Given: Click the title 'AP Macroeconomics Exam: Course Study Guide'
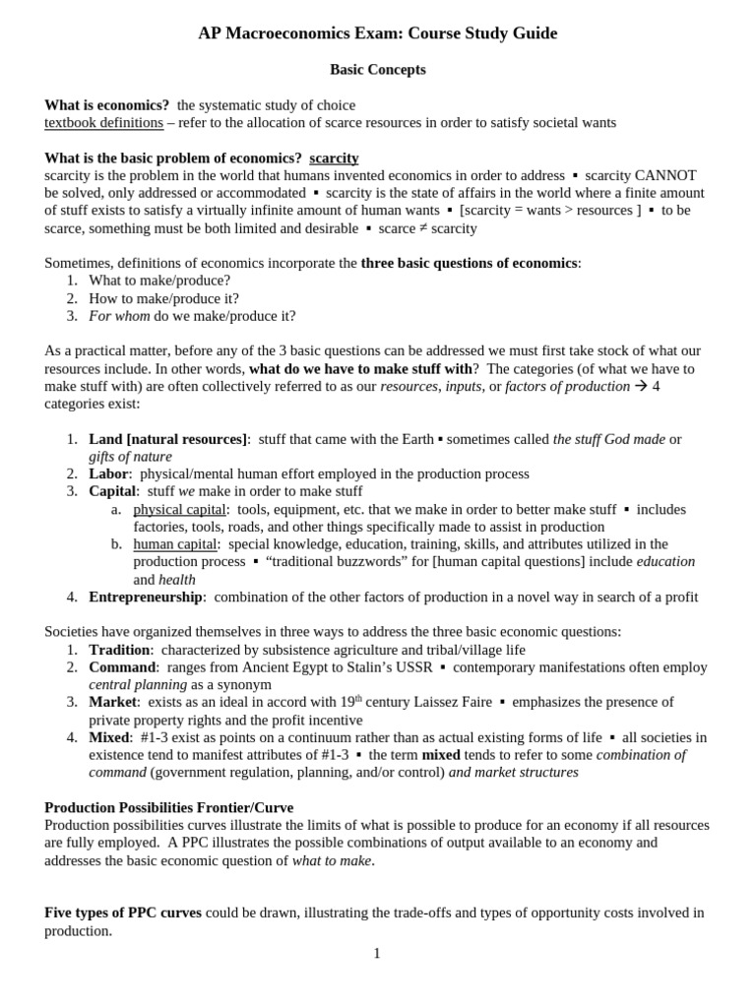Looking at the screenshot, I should coord(377,33).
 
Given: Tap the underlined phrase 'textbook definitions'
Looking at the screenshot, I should coord(104,123).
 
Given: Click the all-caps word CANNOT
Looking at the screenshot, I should coord(668,175).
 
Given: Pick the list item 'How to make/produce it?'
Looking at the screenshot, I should coord(163,298).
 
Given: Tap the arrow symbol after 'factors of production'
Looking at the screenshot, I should coord(641,387).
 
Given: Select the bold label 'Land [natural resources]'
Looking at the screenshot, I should coord(168,439).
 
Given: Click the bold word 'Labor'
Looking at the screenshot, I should coord(108,473).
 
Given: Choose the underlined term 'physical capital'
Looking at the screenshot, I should coord(179,509).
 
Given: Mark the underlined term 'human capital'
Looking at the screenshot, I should coord(176,543).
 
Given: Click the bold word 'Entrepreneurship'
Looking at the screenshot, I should coord(146,597).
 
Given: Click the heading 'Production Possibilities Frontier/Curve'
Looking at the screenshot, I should coord(168,807).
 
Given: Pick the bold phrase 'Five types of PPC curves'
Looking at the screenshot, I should coord(123,913).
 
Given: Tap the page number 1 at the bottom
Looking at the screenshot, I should coord(377,953).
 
